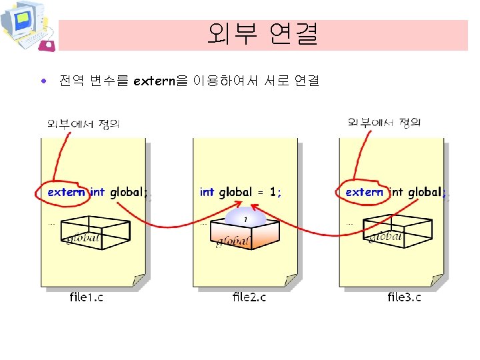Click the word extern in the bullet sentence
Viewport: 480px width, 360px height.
coord(153,81)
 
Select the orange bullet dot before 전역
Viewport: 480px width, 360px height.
coord(43,82)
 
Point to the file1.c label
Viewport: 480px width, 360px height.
coord(86,297)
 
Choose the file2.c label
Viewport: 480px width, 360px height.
coord(249,297)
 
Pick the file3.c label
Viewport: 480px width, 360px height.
coord(404,297)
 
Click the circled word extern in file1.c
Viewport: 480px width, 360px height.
coord(66,192)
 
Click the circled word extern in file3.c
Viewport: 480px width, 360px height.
coord(364,192)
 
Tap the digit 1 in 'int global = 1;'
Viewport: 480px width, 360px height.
coord(273,192)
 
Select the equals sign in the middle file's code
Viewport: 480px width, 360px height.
coord(261,193)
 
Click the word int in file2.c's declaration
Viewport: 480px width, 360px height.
coord(207,192)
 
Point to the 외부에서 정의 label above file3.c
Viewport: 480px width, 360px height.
coord(384,123)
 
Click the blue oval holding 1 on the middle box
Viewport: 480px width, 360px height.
coord(245,219)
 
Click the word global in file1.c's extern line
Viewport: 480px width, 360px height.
coord(127,192)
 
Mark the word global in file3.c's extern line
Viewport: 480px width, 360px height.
coord(424,192)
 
